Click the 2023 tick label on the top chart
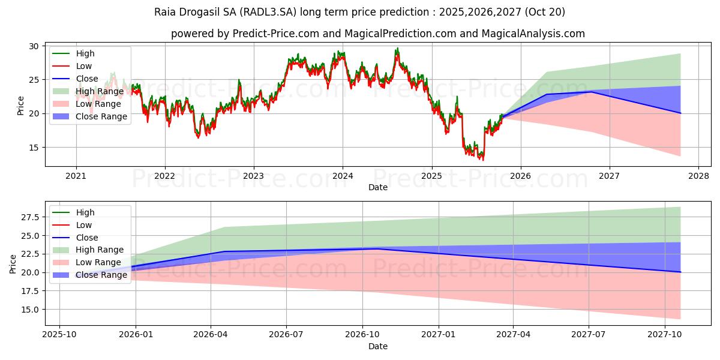point(253,176)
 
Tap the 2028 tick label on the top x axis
point(698,176)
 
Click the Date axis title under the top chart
point(378,187)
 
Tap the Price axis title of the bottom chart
point(13,263)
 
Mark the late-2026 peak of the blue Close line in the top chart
point(592,92)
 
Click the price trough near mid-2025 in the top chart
point(482,159)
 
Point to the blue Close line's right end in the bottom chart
point(680,272)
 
